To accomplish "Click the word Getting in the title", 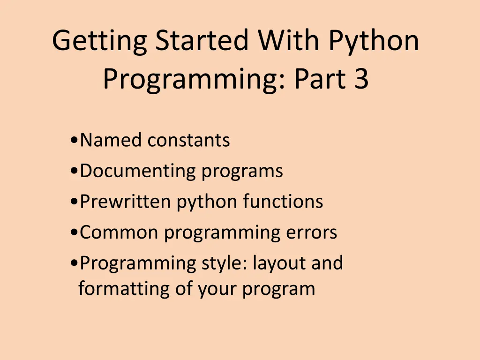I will point(100,41).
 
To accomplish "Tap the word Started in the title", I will point(202,41).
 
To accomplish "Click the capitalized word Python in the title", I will point(373,41).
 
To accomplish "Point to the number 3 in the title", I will point(361,79).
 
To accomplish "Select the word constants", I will point(188,140).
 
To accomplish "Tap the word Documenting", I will point(138,171).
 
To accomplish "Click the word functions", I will point(283,202).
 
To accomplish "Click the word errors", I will point(313,232).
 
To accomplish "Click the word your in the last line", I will point(217,288).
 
